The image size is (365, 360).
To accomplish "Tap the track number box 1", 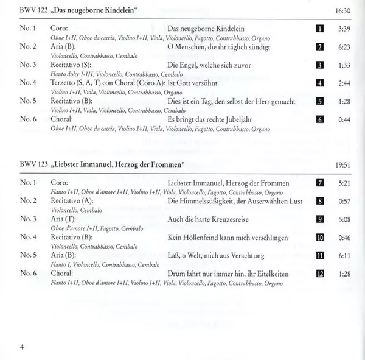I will [319, 29].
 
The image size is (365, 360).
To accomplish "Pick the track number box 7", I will [319, 183].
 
